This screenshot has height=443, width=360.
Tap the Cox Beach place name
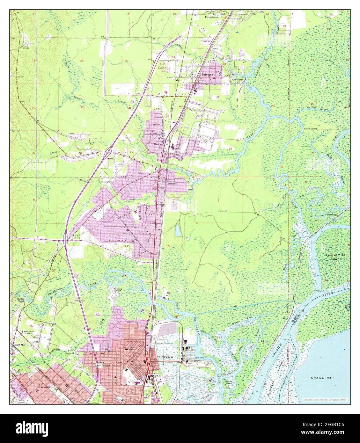point(238,79)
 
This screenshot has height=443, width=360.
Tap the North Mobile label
point(100,365)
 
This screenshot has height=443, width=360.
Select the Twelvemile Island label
point(334,257)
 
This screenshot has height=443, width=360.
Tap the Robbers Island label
point(118,289)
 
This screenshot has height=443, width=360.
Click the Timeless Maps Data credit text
point(325,399)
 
